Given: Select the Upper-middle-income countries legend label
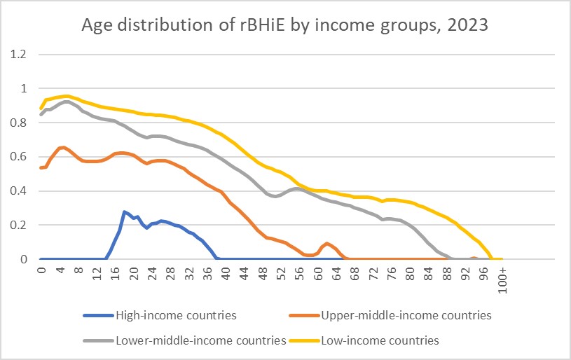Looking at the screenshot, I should coord(406,315).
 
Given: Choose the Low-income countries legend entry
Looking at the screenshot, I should coord(379,341).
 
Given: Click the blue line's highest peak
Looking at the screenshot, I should coord(125,212).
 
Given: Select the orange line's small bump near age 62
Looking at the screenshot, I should coord(327,244).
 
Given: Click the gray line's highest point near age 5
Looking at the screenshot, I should coord(66,102).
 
